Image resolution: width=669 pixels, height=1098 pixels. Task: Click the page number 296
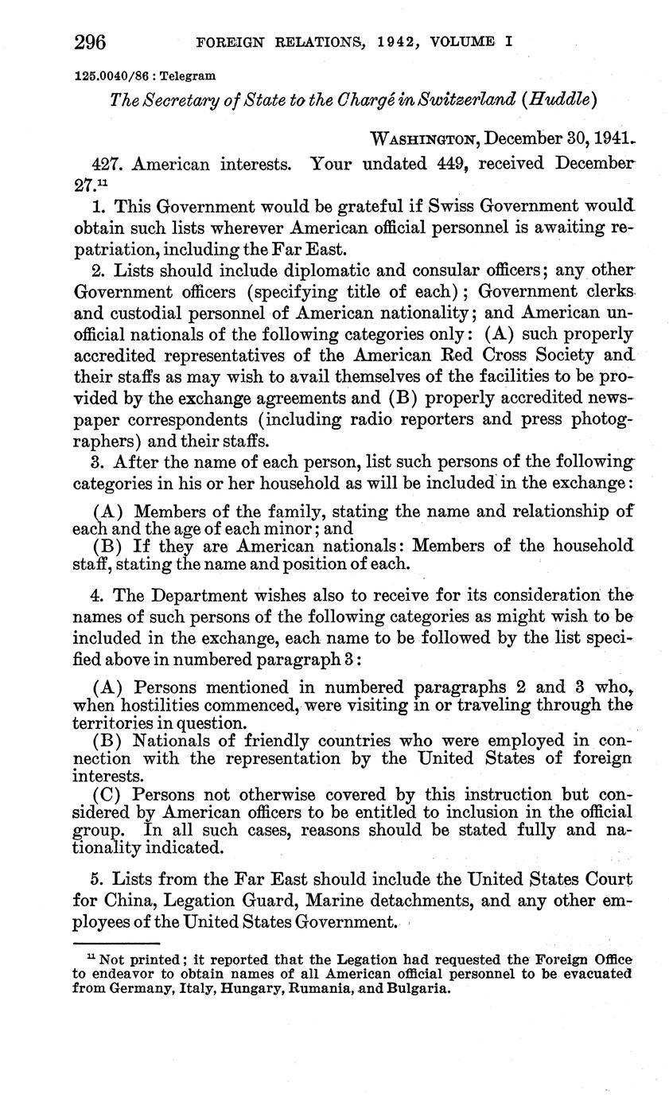tap(91, 41)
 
